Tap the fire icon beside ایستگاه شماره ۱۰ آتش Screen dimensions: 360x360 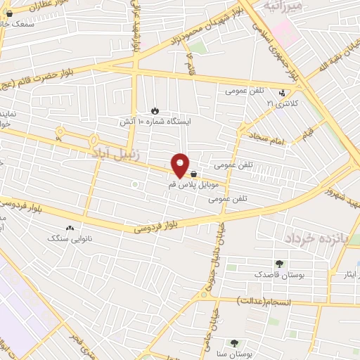155,110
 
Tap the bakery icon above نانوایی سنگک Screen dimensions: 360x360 70,229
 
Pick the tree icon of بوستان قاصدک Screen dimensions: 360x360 281,264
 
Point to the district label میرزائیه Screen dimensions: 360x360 284,6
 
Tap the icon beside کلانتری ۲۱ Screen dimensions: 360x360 282,92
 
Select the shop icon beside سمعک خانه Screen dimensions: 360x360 8,13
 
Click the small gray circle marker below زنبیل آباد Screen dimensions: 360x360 134,185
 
